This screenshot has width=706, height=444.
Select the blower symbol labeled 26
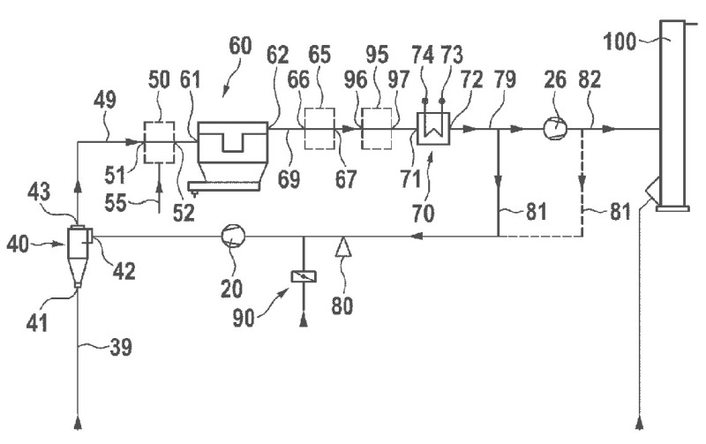(x=553, y=129)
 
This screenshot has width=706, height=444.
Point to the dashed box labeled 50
(x=159, y=141)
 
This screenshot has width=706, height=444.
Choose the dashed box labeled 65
(x=319, y=129)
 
